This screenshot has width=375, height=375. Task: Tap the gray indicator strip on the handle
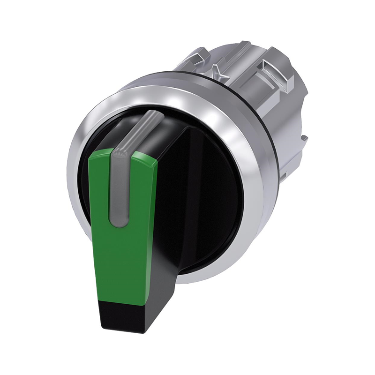click(120, 187)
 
